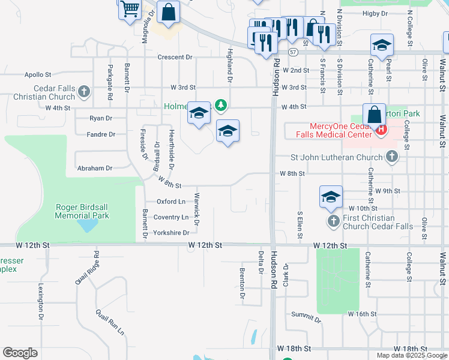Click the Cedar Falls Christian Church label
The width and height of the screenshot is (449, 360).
click(46, 92)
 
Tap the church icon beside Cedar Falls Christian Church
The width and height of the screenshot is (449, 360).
click(84, 92)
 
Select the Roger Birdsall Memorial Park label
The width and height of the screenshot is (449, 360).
click(83, 211)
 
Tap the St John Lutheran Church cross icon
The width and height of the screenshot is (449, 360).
click(392, 157)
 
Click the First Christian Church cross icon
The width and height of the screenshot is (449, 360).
click(334, 222)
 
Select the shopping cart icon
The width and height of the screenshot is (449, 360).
click(130, 10)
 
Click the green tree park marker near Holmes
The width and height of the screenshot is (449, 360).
click(221, 106)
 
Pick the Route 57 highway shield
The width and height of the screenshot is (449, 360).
click(292, 53)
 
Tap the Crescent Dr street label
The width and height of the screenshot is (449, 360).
click(175, 58)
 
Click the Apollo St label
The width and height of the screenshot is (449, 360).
click(38, 75)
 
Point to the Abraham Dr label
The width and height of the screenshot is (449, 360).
click(95, 169)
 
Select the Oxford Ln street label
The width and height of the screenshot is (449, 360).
click(171, 202)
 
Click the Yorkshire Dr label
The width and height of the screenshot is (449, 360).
click(171, 233)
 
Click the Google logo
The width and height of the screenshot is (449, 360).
click(20, 353)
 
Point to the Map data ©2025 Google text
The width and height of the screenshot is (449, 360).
click(411, 355)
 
